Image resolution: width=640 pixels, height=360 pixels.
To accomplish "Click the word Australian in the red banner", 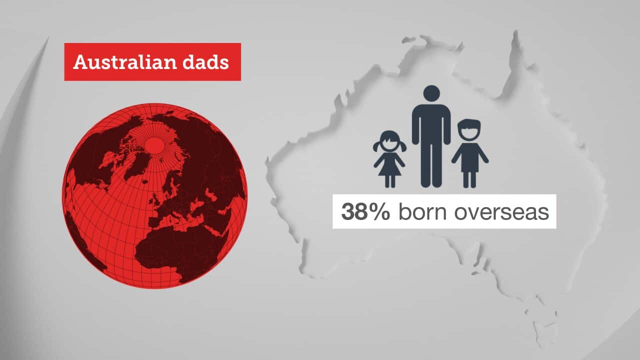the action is tap(125, 62).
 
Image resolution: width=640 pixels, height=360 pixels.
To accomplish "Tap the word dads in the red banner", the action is tap(205, 62).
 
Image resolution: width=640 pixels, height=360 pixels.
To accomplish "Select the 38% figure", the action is tap(365, 211).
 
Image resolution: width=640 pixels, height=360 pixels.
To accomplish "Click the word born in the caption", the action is tap(422, 211).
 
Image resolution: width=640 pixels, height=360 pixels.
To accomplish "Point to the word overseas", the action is tap(501, 212).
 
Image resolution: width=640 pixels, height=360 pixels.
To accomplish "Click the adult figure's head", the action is tap(431, 93).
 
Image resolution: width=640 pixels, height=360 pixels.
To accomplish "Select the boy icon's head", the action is tap(469, 130).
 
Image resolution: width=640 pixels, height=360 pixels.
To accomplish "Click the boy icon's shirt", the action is tap(469, 157).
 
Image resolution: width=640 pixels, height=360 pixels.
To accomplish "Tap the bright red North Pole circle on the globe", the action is tap(154, 145).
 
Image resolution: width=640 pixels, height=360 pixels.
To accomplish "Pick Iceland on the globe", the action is tap(145, 181).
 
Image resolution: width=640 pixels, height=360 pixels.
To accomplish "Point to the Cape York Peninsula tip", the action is tap(515, 31).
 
